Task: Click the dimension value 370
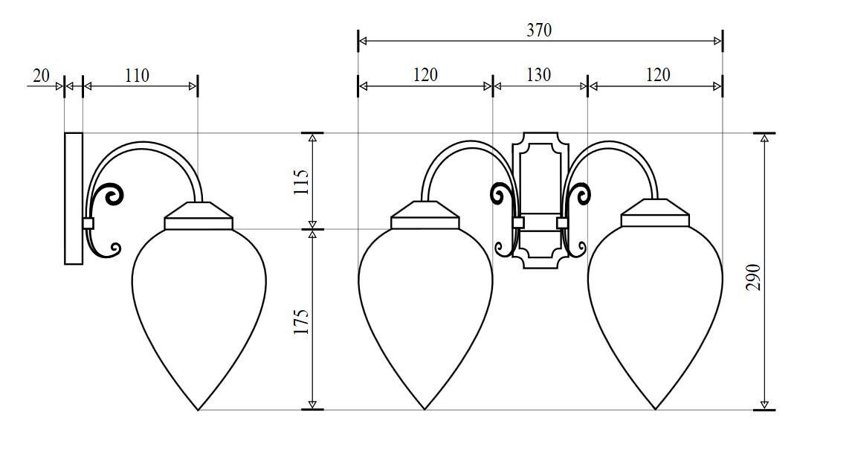pos(539,30)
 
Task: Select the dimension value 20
pos(41,75)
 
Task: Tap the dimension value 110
pos(137,75)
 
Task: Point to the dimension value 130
pos(539,75)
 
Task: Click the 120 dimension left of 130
pos(425,75)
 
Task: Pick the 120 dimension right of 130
pos(657,75)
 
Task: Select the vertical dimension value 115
pos(301,182)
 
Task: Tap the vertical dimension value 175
pos(301,321)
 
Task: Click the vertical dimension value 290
pos(753,276)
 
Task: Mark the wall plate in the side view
pos(74,198)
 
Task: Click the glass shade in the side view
pos(199,305)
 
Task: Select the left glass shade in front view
pos(425,305)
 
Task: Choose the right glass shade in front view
pos(655,305)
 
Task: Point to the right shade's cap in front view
pos(655,214)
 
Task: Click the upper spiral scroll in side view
pos(113,195)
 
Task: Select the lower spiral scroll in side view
pos(113,249)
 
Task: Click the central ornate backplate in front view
pos(540,199)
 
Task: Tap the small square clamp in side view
pos(88,222)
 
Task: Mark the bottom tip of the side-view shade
pos(199,408)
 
